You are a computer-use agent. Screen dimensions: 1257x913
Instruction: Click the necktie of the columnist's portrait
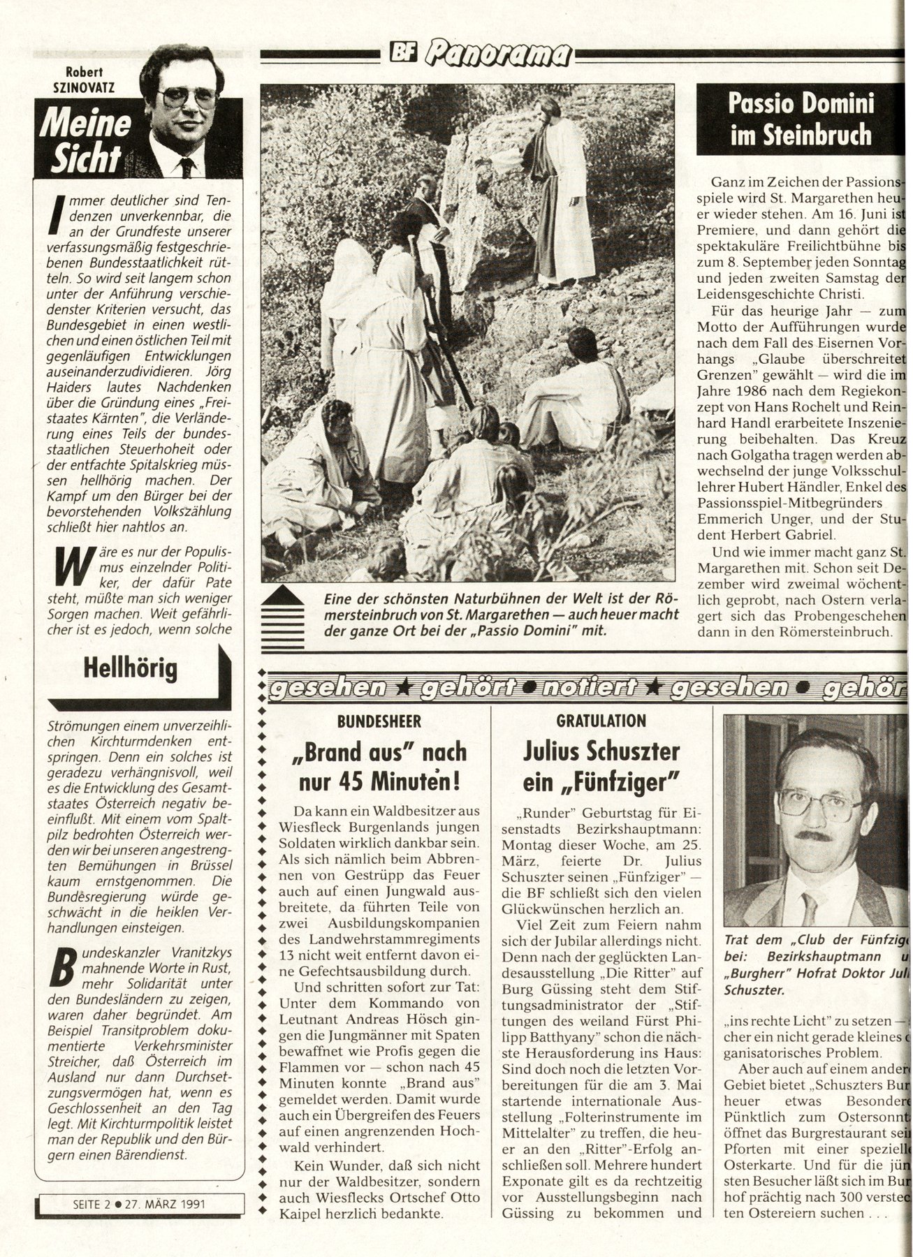pos(187,166)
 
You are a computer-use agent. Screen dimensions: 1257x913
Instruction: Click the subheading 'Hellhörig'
pos(130,668)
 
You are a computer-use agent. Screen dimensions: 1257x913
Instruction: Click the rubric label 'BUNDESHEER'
pos(379,721)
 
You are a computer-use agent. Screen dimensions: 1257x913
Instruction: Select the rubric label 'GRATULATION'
pos(601,721)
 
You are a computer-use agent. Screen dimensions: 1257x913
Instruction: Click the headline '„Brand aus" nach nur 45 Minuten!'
pos(379,766)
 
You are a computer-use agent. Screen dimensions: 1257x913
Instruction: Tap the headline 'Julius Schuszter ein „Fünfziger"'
pos(601,766)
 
